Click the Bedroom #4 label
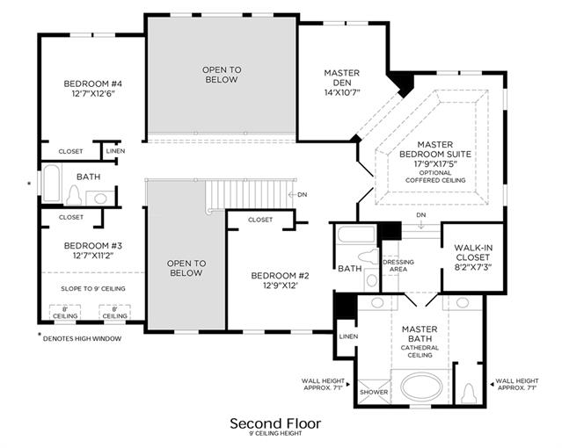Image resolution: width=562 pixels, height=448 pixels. point(93,83)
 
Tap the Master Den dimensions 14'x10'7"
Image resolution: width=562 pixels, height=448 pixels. point(342,92)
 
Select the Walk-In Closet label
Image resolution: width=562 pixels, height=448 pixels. point(473,252)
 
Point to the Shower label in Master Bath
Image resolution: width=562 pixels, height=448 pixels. point(374,392)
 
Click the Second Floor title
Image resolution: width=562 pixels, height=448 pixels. point(275,423)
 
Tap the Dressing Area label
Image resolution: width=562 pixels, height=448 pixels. point(398,265)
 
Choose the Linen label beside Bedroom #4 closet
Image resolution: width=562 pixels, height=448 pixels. point(115,151)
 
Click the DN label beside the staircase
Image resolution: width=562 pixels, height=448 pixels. point(303,194)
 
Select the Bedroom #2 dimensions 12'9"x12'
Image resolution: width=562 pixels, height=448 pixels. point(280,285)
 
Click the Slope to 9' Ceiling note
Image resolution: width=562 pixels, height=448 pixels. point(93,289)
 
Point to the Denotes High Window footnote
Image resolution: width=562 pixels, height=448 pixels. point(82,338)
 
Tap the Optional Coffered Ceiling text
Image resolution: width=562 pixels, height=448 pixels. point(435,177)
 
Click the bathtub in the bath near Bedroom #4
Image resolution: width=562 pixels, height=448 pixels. point(52,183)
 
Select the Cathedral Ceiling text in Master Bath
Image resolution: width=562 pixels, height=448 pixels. point(420,351)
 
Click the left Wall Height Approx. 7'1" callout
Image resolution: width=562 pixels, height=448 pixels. point(323,384)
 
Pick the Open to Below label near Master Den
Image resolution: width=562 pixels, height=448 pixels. point(222,75)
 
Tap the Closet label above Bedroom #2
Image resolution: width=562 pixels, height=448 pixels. point(260,220)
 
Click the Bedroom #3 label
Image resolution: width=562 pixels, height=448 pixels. point(93,246)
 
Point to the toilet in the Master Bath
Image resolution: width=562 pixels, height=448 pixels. point(469,393)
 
